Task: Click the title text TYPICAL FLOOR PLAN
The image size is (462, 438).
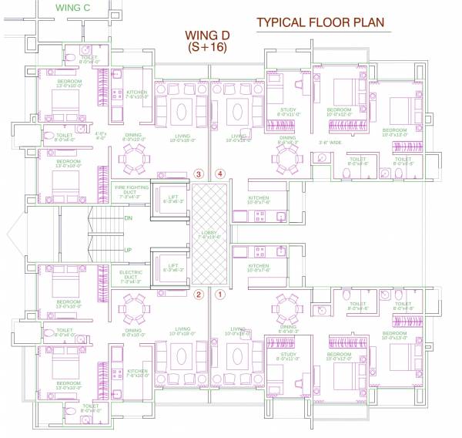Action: pyautogui.click(x=323, y=23)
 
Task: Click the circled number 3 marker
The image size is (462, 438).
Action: pyautogui.click(x=198, y=175)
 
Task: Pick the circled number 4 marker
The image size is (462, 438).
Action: pyautogui.click(x=221, y=175)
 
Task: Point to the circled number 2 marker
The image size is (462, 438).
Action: pyautogui.click(x=198, y=294)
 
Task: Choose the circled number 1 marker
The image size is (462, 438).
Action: pyautogui.click(x=221, y=294)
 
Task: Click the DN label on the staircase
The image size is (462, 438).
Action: pyautogui.click(x=128, y=218)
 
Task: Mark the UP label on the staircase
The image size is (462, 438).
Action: pyautogui.click(x=128, y=250)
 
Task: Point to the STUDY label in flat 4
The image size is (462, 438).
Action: pyautogui.click(x=288, y=111)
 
